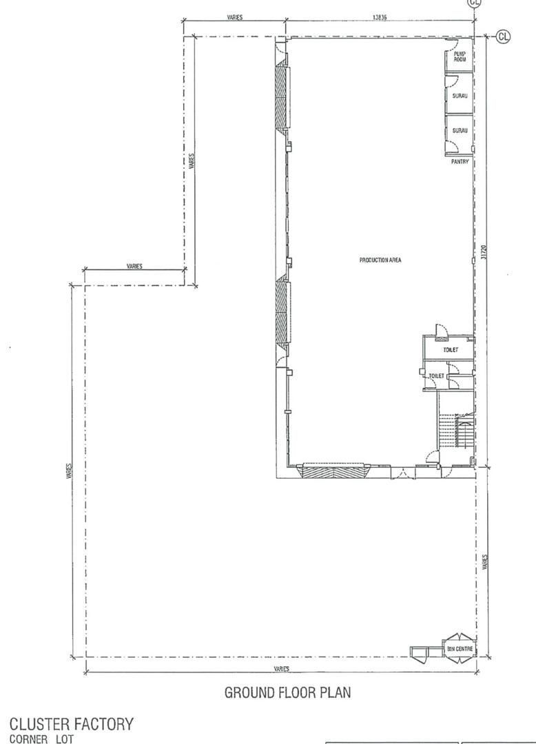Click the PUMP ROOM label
coord(460,56)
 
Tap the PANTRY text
coord(460,162)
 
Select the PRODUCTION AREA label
coord(380,260)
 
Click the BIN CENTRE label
coord(459,648)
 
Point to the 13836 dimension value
coord(380,17)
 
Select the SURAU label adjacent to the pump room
coord(460,96)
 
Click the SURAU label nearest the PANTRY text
coord(460,130)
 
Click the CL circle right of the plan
coord(503,36)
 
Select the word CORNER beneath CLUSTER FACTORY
coord(28,738)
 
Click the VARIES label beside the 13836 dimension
coord(235,17)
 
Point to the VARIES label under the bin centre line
coord(282,668)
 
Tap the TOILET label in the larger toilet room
coord(451,350)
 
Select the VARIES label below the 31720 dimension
coord(484,562)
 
